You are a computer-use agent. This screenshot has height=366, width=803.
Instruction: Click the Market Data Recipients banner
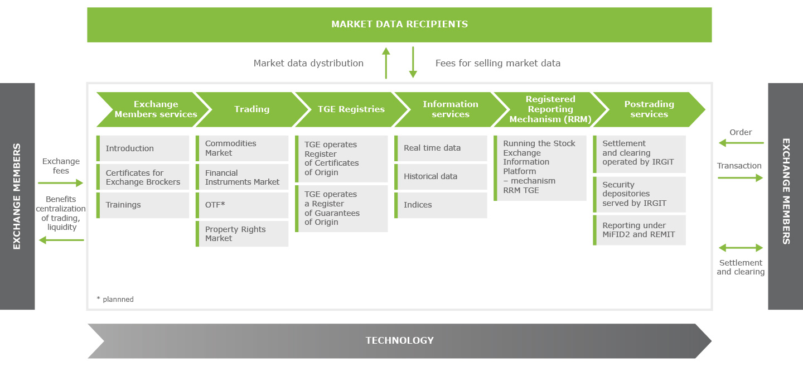pos(399,25)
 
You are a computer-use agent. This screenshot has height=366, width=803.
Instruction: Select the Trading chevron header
pos(251,109)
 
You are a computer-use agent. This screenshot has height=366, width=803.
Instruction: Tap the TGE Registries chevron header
pos(351,109)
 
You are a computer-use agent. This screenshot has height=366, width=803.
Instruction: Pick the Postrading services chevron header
pos(649,109)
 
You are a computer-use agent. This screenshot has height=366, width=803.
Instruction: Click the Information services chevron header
pos(450,109)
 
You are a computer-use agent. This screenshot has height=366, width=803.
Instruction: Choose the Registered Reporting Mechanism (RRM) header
pos(550,109)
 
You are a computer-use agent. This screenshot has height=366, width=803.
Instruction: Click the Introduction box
pos(143,148)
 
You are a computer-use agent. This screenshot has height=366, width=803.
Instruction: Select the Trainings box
pos(143,205)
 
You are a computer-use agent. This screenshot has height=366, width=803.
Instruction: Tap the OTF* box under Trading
pos(242,205)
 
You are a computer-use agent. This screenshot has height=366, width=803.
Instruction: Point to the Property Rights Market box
pos(242,234)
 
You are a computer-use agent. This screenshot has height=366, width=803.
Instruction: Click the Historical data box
pos(441,176)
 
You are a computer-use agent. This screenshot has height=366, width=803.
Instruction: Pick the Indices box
pos(441,205)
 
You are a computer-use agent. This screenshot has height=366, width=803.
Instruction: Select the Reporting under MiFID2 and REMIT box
pos(639,230)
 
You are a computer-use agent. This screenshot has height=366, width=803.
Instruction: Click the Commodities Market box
pos(242,148)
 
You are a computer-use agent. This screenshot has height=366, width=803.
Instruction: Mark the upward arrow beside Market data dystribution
pos(385,62)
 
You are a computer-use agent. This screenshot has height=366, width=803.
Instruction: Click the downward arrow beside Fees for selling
pos(413,62)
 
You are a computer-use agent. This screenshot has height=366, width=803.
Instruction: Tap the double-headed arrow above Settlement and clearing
pos(741,248)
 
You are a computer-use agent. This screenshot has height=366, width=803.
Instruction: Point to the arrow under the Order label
pos(741,143)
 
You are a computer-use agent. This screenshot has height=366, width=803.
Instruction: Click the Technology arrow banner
pos(399,340)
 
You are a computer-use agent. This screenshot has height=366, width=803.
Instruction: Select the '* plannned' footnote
pos(115,299)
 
